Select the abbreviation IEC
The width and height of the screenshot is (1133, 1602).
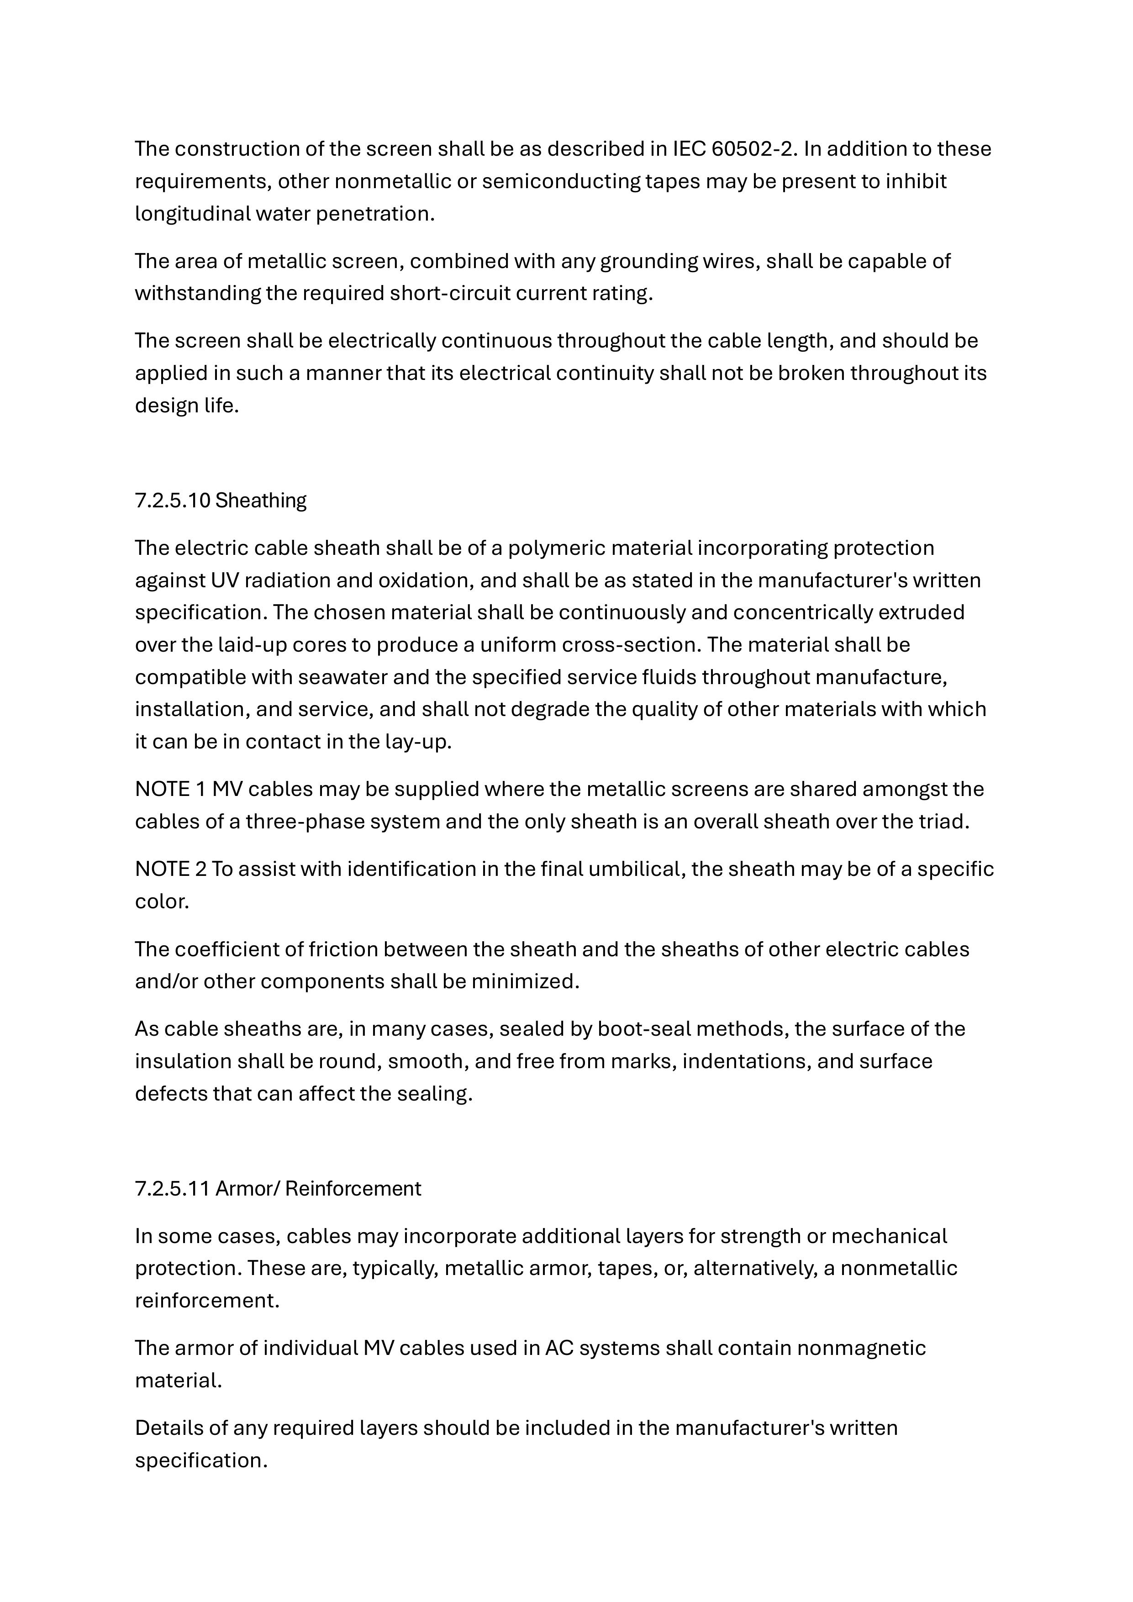[689, 148]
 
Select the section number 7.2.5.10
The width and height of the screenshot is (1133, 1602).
[172, 500]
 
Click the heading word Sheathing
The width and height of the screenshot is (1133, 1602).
[261, 500]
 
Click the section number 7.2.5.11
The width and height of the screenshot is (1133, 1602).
[172, 1188]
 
